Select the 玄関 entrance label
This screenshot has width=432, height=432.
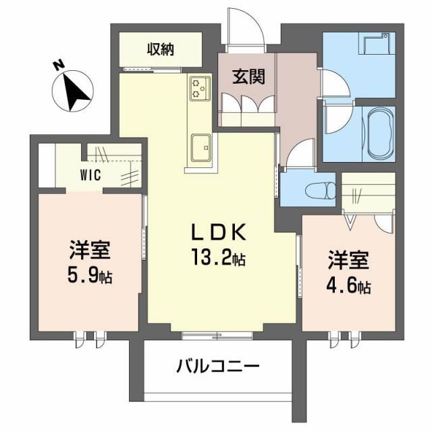[x=248, y=76]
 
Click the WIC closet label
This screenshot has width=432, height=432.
[x=91, y=176]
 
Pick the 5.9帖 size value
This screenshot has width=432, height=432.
[x=89, y=275]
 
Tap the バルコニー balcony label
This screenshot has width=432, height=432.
[x=218, y=367]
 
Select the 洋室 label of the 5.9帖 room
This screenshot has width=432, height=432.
[x=89, y=251]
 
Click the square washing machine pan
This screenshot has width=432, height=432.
[x=376, y=47]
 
